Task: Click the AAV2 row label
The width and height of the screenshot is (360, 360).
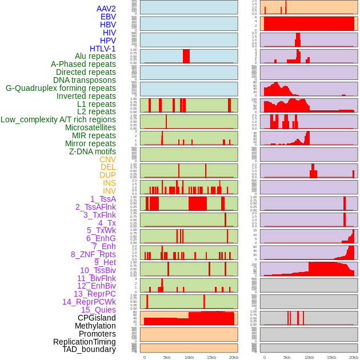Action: [x=106, y=9]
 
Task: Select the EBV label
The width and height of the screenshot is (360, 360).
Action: [x=108, y=17]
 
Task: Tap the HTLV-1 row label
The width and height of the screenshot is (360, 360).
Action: [x=102, y=49]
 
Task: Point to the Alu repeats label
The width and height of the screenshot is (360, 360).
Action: [x=95, y=56]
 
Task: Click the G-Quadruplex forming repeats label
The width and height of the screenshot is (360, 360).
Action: [x=61, y=88]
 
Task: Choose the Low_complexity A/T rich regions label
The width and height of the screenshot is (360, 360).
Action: [x=58, y=119]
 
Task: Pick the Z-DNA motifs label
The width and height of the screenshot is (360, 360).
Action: [x=92, y=151]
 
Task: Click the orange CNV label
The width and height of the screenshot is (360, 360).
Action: [x=107, y=159]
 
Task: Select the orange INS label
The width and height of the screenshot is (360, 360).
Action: [x=109, y=183]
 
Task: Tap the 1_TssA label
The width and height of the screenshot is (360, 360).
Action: [x=103, y=199]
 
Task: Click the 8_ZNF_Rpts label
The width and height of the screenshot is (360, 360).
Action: [x=93, y=254]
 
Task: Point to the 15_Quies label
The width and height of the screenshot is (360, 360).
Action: [x=98, y=310]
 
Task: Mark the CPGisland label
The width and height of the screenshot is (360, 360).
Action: [x=97, y=318]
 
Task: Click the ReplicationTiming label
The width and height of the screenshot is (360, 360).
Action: [x=84, y=342]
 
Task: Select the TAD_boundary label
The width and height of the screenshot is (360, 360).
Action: [x=89, y=349]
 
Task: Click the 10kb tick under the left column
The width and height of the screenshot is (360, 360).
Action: [x=189, y=357]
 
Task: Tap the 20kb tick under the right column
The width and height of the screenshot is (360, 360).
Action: [x=354, y=357]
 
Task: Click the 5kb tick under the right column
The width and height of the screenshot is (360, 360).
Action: [x=287, y=357]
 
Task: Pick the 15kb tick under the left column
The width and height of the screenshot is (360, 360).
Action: [x=211, y=357]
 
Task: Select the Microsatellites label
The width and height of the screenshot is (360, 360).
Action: [x=90, y=127]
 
